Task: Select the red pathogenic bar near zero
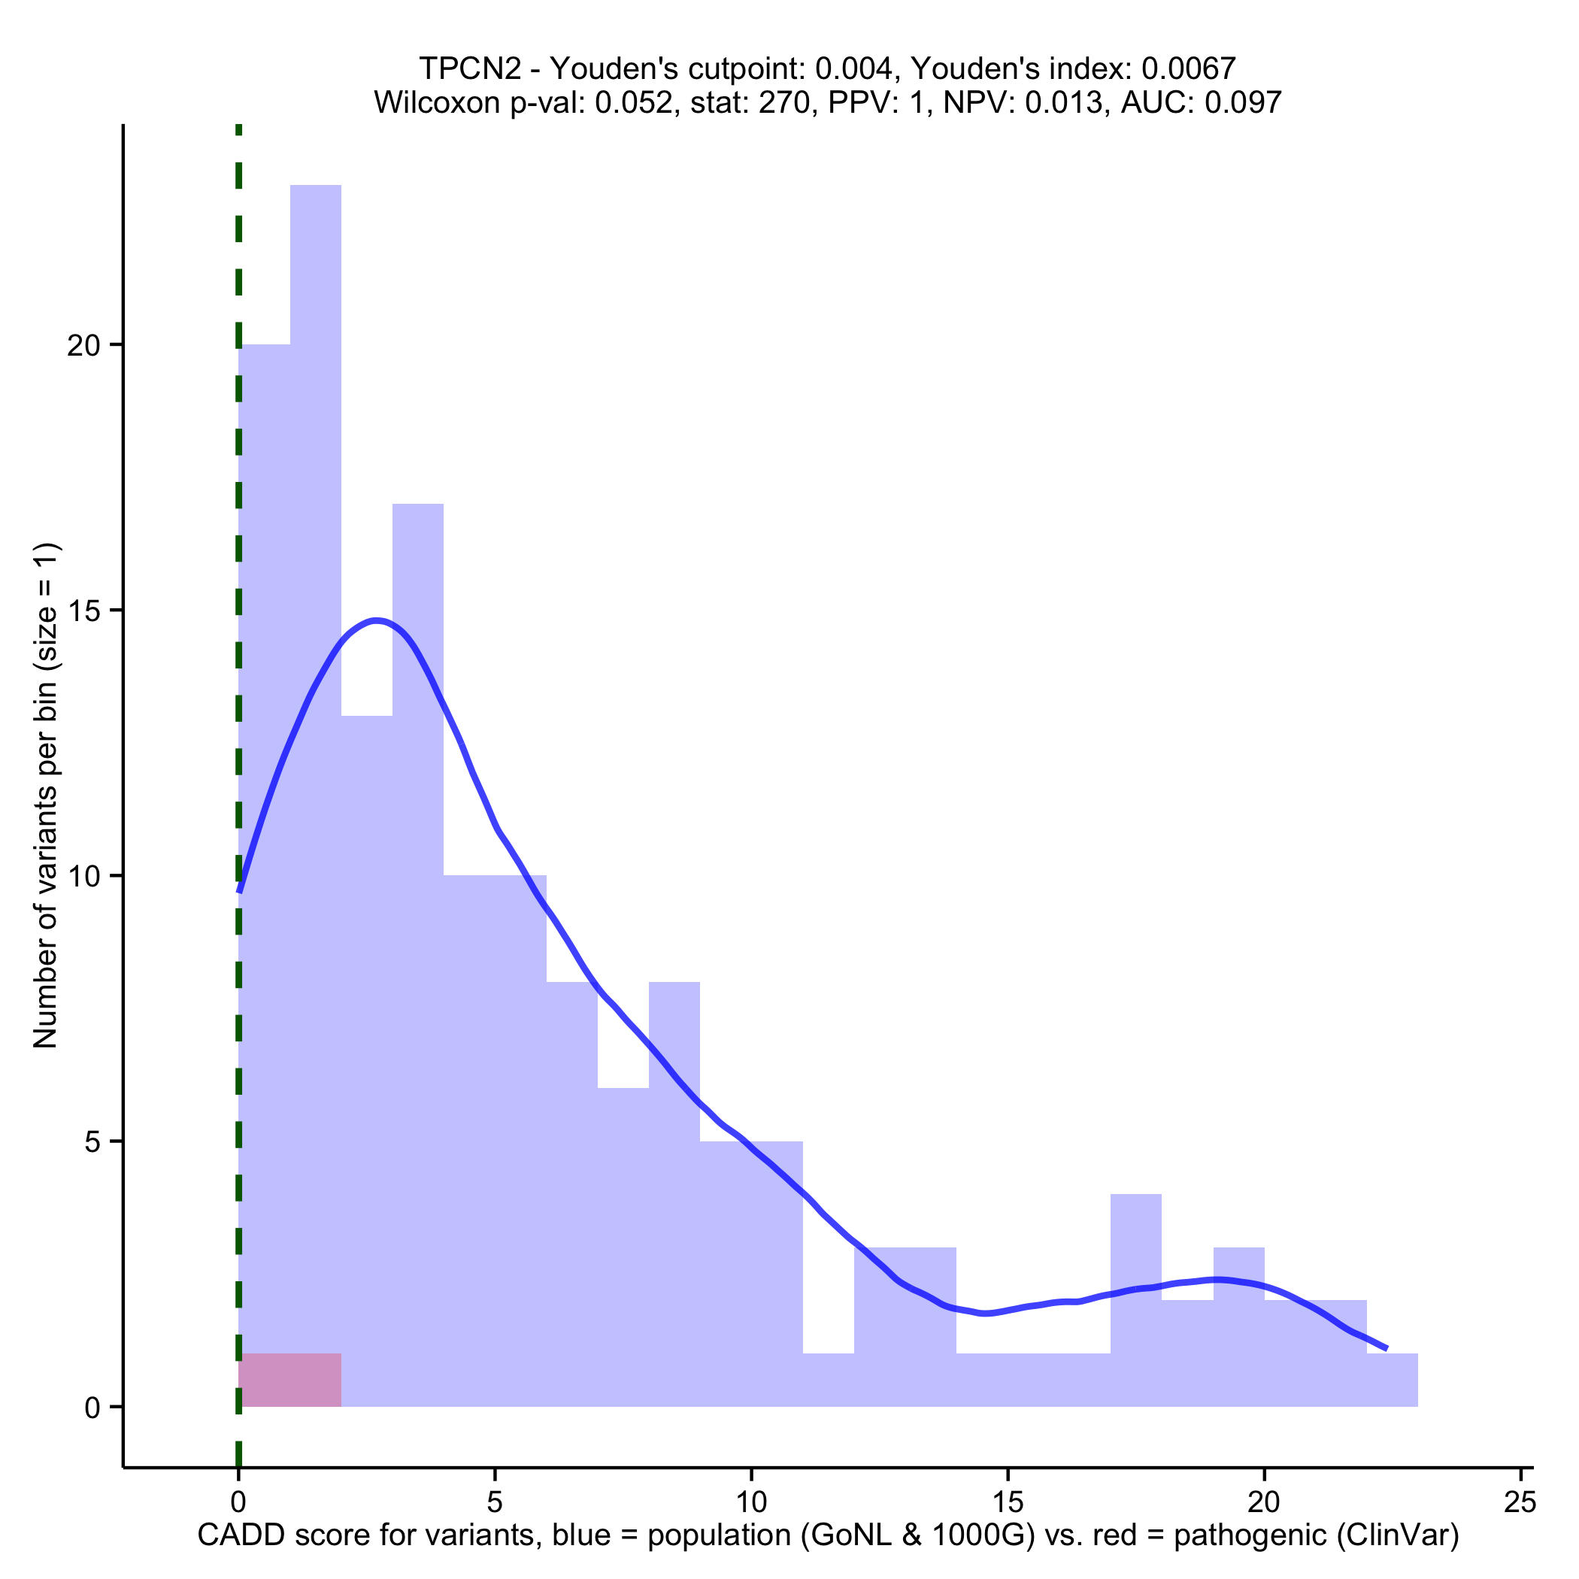pos(289,1380)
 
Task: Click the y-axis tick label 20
pos(83,346)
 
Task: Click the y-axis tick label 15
pos(83,611)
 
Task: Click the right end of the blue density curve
pos(1386,1347)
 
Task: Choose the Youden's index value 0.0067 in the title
pos(1190,68)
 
